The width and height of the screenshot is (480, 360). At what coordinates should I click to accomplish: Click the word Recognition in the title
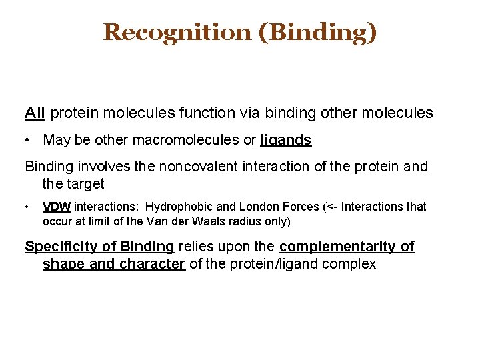click(x=177, y=31)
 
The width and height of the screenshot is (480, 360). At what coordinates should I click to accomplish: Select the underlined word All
click(x=35, y=113)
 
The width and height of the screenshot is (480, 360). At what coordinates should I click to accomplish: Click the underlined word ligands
click(x=285, y=140)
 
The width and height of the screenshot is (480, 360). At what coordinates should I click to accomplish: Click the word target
click(x=85, y=183)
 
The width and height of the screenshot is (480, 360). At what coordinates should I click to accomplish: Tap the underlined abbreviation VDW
click(x=57, y=207)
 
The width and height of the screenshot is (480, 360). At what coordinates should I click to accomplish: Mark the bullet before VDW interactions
click(x=28, y=207)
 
